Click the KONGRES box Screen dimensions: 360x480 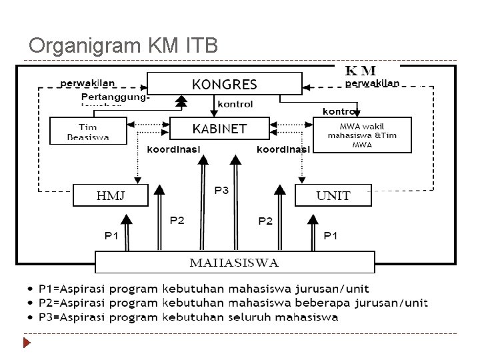pyautogui.click(x=224, y=84)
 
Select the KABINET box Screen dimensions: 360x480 pyautogui.click(x=219, y=128)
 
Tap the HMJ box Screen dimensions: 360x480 pyautogui.click(x=110, y=196)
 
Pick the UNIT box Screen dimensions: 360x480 pyautogui.click(x=333, y=196)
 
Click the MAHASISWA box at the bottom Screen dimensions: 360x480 pyautogui.click(x=235, y=261)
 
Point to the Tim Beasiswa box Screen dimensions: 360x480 pyautogui.click(x=87, y=131)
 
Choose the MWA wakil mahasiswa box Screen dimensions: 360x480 pyautogui.click(x=362, y=135)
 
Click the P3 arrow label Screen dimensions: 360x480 pyautogui.click(x=221, y=191)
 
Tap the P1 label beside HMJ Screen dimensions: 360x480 pyautogui.click(x=111, y=235)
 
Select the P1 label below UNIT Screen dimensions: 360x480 pyautogui.click(x=330, y=235)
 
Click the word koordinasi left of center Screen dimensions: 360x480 pyautogui.click(x=173, y=149)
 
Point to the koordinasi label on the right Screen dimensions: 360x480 pyautogui.click(x=283, y=149)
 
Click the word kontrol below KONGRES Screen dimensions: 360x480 pyautogui.click(x=235, y=104)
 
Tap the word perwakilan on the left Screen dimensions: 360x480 pyautogui.click(x=87, y=83)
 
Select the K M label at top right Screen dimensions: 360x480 pyautogui.click(x=361, y=70)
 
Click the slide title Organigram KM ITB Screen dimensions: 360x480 pyautogui.click(x=123, y=46)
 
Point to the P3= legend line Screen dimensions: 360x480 pyautogui.click(x=189, y=317)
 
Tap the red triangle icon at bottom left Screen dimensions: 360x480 pyautogui.click(x=27, y=344)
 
